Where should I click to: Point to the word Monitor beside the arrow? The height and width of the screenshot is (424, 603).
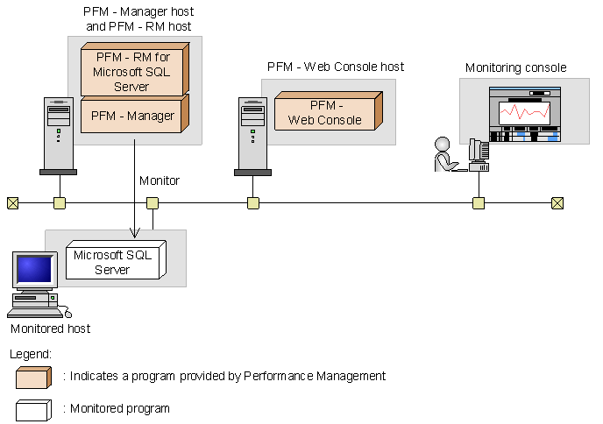[160, 180]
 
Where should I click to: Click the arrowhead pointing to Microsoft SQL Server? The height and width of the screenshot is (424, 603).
[134, 232]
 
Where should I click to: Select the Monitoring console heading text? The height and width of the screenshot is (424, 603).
[515, 67]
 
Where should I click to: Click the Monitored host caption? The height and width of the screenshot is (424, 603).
[50, 329]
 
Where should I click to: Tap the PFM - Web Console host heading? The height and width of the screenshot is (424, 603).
[336, 67]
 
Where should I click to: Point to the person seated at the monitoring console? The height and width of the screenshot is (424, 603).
[444, 154]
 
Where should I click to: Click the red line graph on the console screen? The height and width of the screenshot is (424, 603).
[522, 112]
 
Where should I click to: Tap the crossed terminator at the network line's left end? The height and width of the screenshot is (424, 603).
[12, 203]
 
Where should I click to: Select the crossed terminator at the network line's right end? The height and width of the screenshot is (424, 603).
[557, 203]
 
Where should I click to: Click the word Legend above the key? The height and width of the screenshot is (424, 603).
[32, 353]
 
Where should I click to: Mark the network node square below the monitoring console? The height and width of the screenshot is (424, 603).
[479, 203]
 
